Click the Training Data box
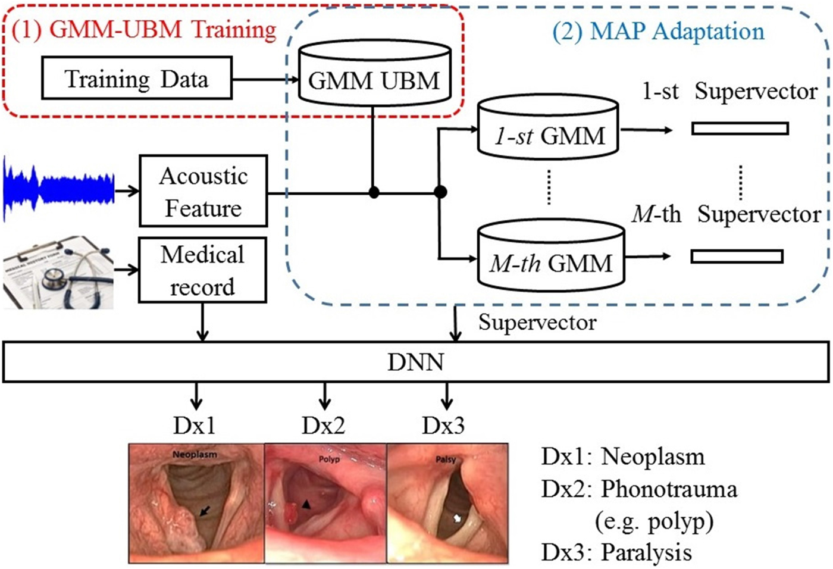click(x=136, y=78)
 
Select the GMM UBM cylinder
click(x=374, y=76)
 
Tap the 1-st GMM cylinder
click(x=549, y=132)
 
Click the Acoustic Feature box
click(x=203, y=191)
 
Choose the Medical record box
click(x=202, y=270)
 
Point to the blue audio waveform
click(x=58, y=188)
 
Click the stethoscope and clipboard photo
click(x=58, y=273)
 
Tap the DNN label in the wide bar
click(x=415, y=362)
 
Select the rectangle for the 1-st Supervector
click(x=740, y=128)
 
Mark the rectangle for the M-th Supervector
click(x=737, y=257)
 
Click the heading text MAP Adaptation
click(x=658, y=32)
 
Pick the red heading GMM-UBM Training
click(x=145, y=29)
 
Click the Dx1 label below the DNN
click(x=194, y=426)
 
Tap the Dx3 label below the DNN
click(x=443, y=426)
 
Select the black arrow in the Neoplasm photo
click(x=205, y=511)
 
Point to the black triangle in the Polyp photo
click(x=306, y=504)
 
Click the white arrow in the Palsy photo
click(x=457, y=518)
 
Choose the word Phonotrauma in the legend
click(x=669, y=489)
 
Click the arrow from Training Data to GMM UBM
click(x=265, y=79)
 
